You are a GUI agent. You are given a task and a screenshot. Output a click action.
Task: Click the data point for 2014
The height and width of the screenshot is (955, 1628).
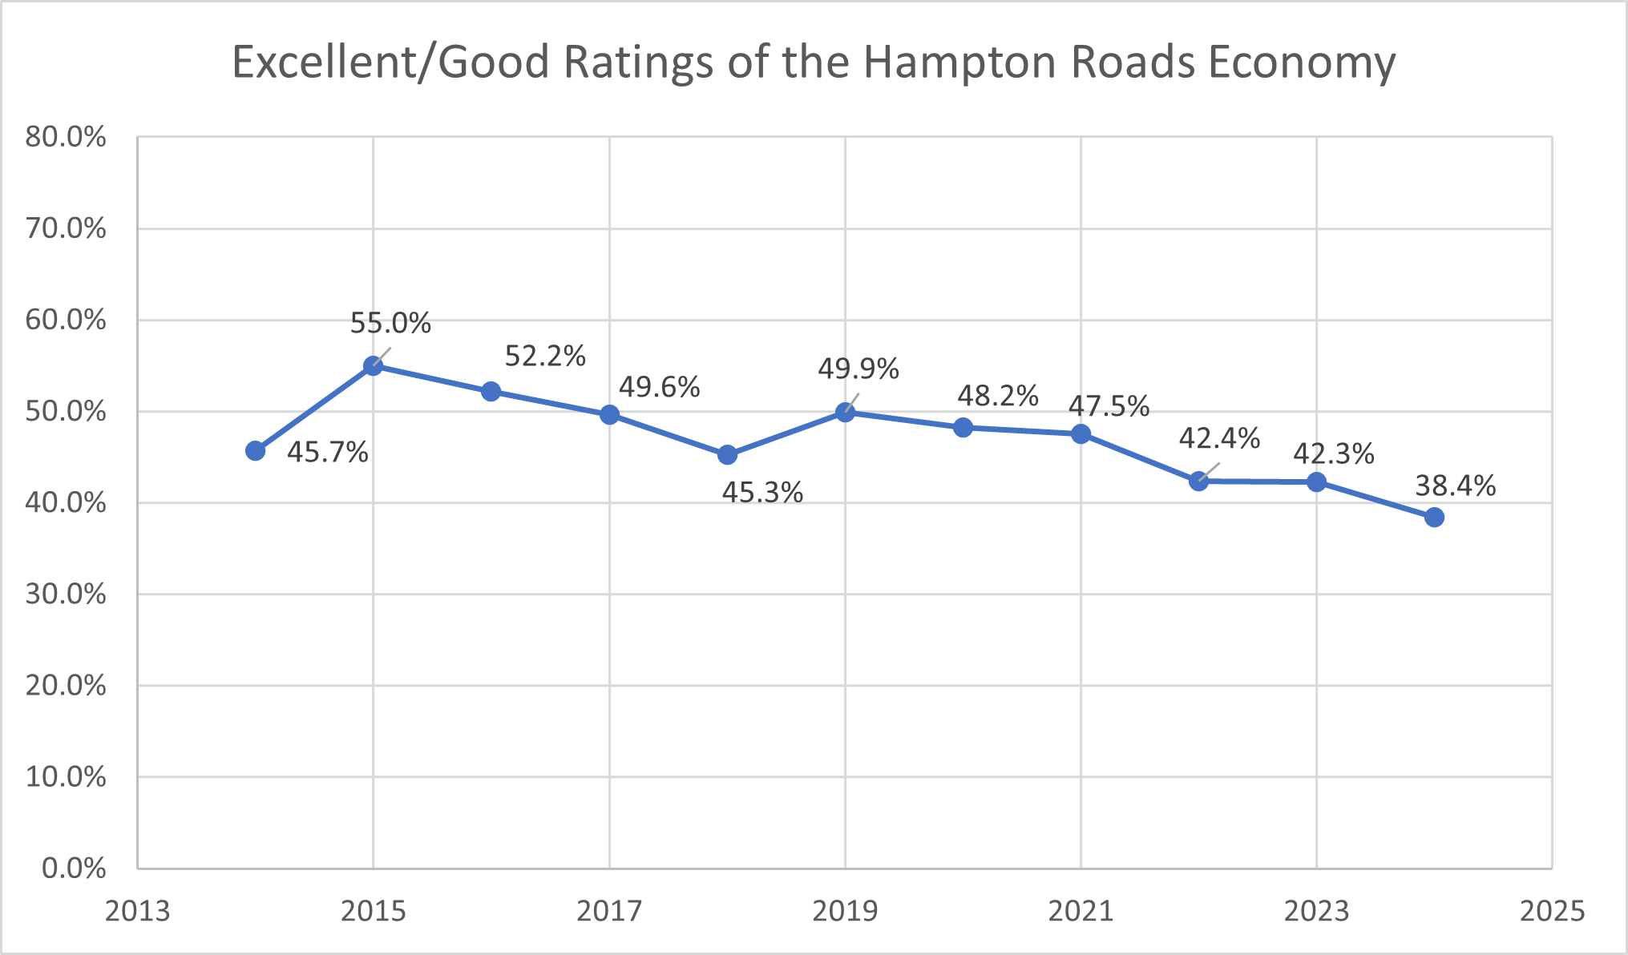point(255,451)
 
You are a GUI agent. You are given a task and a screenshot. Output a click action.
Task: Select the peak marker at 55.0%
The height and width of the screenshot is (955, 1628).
point(373,366)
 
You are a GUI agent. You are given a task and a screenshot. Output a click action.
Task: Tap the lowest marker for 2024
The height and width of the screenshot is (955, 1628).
point(1434,518)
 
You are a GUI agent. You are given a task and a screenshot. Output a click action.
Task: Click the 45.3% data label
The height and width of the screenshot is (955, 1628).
point(761,493)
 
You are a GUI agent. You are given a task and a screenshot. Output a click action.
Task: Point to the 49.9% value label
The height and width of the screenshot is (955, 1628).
point(858,369)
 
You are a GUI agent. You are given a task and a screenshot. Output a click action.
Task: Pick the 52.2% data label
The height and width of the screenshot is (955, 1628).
point(545,356)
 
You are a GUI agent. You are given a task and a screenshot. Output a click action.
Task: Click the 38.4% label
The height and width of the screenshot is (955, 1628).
point(1455,486)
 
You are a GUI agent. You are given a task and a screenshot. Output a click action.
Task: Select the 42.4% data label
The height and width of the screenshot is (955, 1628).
point(1218,438)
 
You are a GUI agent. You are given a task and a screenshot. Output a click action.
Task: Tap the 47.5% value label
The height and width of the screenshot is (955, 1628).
point(1109,407)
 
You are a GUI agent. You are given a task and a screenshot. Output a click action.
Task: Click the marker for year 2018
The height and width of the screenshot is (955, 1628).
point(727,455)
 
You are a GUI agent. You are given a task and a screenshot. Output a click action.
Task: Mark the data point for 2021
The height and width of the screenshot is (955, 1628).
point(1081,434)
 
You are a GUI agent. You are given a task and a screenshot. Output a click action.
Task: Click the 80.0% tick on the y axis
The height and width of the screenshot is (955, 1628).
point(66,137)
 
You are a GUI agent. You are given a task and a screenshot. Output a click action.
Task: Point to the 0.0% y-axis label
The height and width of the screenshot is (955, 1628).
point(74,868)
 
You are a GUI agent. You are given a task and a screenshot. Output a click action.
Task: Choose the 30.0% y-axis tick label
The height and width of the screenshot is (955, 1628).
point(66,594)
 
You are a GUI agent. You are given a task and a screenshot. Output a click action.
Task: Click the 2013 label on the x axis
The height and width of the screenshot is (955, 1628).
point(137,912)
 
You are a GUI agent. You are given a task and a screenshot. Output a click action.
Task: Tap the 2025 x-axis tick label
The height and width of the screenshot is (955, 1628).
point(1552,912)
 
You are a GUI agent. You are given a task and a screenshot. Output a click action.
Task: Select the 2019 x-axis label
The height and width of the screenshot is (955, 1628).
point(845,912)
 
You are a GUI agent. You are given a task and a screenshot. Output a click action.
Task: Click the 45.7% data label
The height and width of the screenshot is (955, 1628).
point(327,453)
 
